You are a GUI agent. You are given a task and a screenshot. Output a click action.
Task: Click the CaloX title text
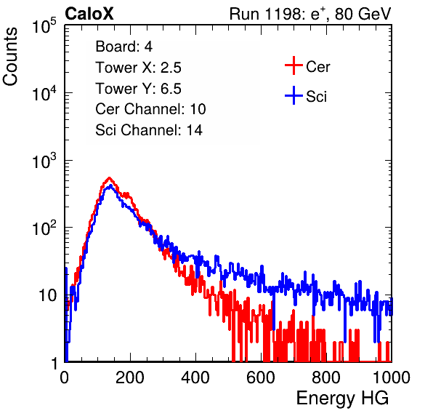(89, 14)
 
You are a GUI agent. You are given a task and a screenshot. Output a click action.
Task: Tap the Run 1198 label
(266, 14)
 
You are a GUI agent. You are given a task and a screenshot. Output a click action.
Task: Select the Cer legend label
(317, 67)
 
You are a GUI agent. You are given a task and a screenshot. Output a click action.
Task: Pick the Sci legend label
(317, 97)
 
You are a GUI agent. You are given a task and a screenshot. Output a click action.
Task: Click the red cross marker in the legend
(294, 65)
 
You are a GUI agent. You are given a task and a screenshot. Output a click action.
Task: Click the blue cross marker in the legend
(294, 95)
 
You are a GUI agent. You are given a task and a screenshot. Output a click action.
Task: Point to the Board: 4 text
(124, 47)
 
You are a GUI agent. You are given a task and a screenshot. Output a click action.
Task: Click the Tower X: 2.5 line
(138, 68)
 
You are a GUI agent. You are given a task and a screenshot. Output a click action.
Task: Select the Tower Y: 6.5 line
(138, 89)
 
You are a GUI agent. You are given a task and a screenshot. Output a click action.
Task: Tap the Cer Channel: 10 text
(150, 109)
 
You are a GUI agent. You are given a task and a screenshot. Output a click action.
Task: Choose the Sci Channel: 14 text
(149, 129)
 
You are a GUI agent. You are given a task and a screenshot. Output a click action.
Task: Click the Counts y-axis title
(10, 57)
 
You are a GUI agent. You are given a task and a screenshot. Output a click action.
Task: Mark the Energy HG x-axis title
(342, 399)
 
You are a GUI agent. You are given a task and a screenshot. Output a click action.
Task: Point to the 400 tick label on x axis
(195, 377)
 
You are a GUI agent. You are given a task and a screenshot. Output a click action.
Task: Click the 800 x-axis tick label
(326, 377)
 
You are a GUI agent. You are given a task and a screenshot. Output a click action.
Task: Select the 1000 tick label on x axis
(392, 377)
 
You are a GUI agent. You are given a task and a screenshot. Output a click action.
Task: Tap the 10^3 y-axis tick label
(44, 161)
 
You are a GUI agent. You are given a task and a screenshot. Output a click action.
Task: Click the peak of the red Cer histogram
(110, 177)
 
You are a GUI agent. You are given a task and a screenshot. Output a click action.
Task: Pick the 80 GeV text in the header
(363, 14)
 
